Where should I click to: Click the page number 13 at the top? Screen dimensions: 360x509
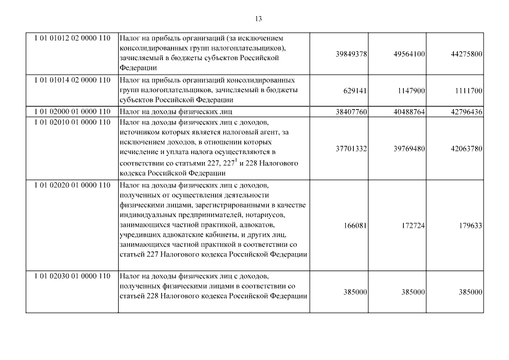coord(258,19)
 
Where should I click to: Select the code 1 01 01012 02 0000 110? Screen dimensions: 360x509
coord(71,38)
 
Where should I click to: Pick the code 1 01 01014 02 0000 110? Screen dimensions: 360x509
coord(71,80)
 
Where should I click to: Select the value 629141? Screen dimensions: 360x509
coord(354,91)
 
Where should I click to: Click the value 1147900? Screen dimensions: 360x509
coord(409,91)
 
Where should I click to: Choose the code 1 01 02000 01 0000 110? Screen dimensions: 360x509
coord(71,112)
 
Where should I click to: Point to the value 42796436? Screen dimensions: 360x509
coord(463,112)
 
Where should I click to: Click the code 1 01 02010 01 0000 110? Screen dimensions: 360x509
coord(71,121)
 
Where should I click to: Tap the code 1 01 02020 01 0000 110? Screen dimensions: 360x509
coord(71,184)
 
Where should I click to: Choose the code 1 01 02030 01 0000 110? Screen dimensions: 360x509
coord(71,276)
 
